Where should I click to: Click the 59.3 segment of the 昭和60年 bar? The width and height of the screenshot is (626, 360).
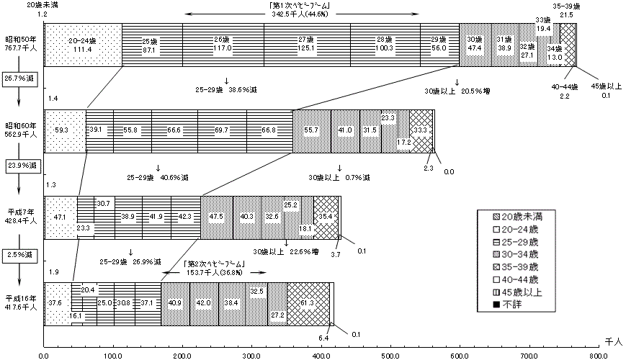tap(65, 130)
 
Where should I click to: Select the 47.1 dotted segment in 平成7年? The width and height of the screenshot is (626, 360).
tap(60, 216)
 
